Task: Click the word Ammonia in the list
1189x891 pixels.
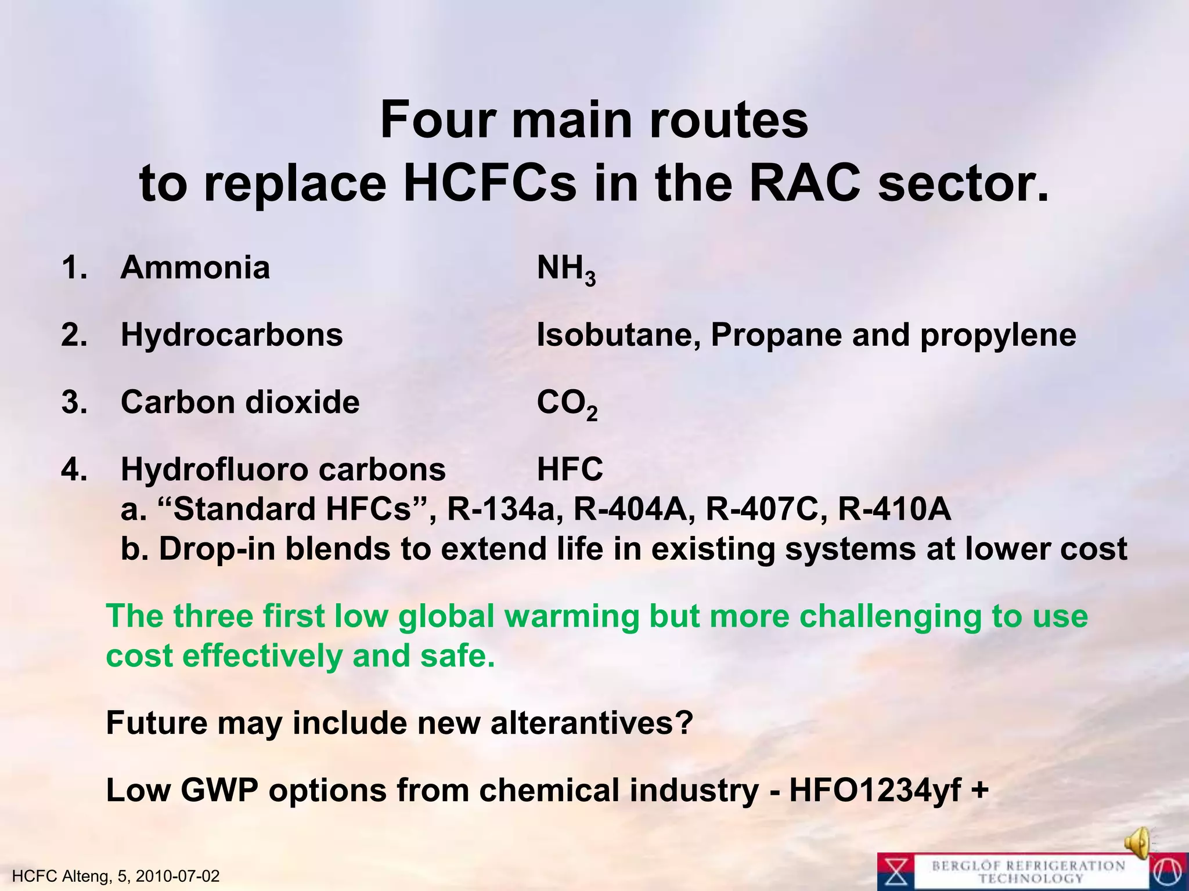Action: point(195,268)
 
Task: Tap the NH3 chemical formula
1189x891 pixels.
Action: point(566,270)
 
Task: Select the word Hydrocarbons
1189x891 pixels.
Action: point(232,335)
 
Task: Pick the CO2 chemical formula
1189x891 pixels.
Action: point(567,404)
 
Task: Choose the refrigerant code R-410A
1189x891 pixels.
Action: point(895,509)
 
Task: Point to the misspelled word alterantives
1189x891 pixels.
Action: point(592,723)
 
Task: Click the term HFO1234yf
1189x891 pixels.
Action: point(875,791)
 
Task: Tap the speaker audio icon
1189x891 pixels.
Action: point(1137,841)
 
